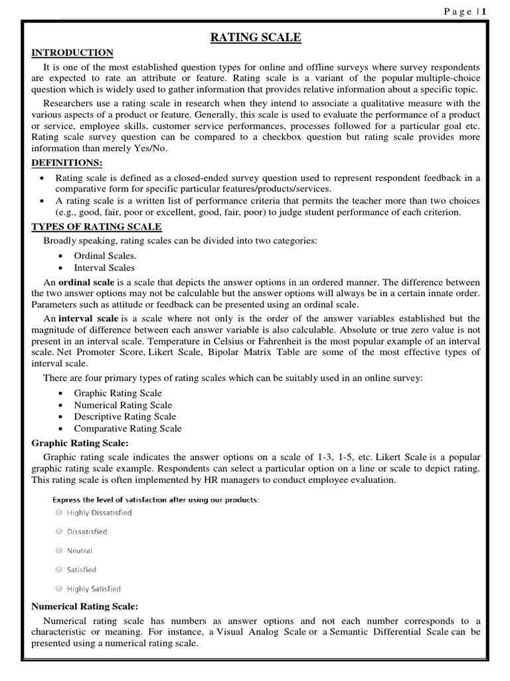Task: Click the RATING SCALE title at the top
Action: (256, 38)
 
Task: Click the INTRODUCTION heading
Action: (72, 53)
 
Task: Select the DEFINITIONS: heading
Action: (67, 163)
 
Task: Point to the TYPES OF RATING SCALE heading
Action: (96, 227)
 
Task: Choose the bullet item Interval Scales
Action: (104, 267)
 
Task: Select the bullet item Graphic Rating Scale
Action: (118, 393)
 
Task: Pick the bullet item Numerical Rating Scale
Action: (122, 405)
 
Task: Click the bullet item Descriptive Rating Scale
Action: (125, 417)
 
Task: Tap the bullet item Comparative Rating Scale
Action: (127, 429)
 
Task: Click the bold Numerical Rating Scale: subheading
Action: (85, 607)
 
